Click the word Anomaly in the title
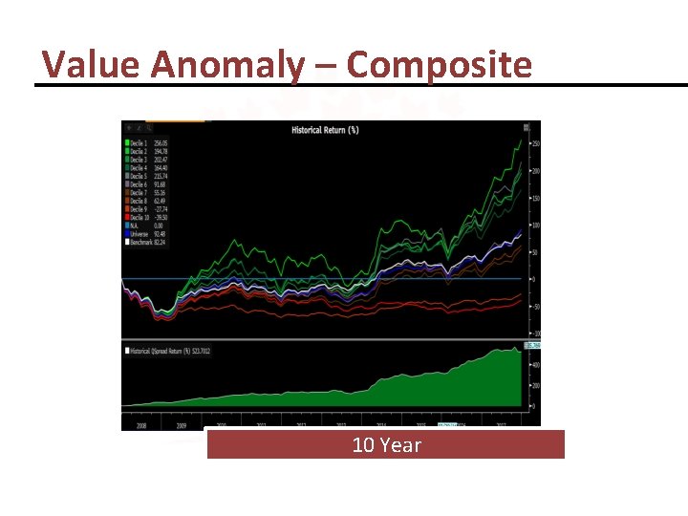[228, 65]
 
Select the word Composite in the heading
[439, 65]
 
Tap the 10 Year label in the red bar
[386, 445]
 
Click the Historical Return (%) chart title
[325, 129]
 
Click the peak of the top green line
[521, 140]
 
